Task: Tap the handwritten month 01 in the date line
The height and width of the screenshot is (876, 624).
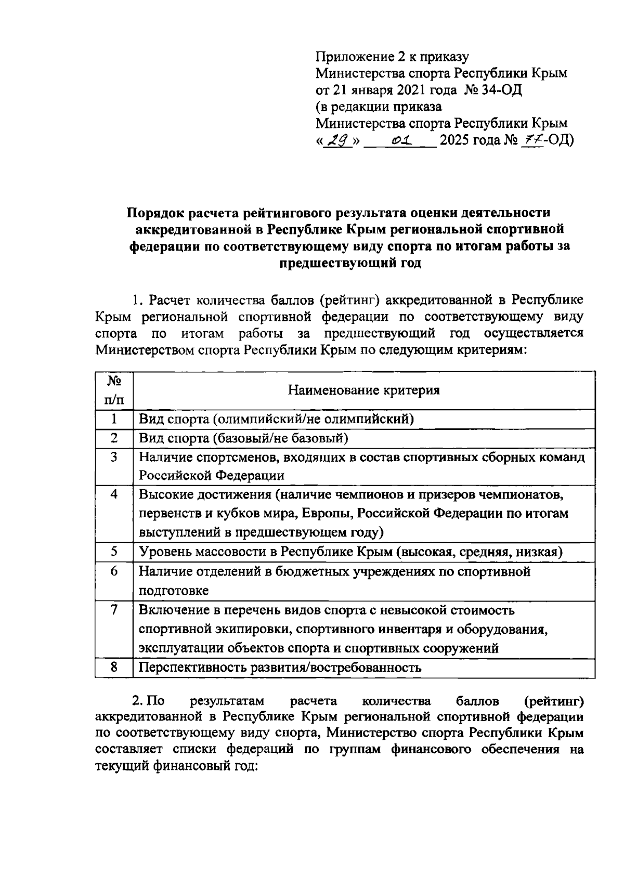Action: [x=401, y=140]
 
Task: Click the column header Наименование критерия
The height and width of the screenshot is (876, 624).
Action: [x=364, y=390]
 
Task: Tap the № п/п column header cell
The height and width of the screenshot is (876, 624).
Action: [x=114, y=390]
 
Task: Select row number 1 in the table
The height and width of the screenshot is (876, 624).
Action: [x=114, y=419]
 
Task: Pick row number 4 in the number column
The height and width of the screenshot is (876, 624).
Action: [x=114, y=494]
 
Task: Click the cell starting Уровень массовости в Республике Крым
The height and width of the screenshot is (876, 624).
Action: [x=350, y=552]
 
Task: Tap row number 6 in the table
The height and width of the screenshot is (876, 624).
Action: [x=114, y=571]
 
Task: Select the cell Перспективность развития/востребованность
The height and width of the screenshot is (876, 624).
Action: [x=280, y=668]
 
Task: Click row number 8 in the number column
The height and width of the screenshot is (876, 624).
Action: [x=114, y=668]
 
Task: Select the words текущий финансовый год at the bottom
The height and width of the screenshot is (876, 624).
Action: [x=176, y=766]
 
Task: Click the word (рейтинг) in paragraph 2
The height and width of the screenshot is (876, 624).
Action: [x=554, y=702]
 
